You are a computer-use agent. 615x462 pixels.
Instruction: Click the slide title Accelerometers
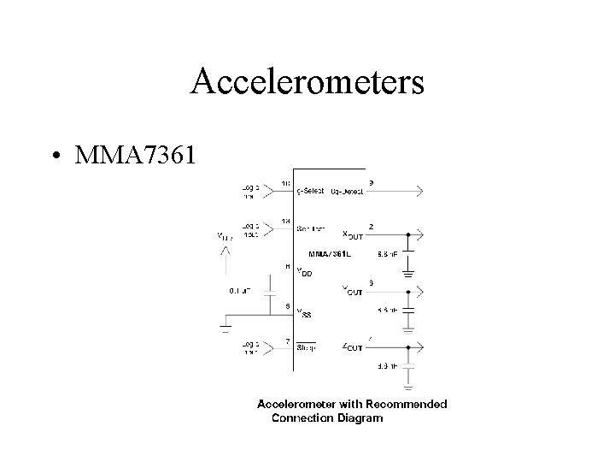point(307,82)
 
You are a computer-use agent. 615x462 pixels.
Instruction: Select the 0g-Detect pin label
point(347,192)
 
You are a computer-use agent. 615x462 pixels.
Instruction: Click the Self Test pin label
point(310,229)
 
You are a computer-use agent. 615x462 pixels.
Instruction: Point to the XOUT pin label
point(353,234)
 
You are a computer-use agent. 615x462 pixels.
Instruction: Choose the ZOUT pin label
point(352,347)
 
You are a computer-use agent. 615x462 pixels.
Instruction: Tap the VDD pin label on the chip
point(304,272)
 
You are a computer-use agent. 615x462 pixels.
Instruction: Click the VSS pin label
point(304,313)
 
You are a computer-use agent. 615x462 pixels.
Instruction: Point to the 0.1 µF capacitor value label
point(239,290)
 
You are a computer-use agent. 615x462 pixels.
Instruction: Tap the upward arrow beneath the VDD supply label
point(225,252)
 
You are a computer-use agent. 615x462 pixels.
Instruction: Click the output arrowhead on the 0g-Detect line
point(419,192)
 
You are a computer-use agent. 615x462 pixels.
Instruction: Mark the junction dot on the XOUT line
point(408,234)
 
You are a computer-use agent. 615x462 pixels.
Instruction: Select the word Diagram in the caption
point(360,418)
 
